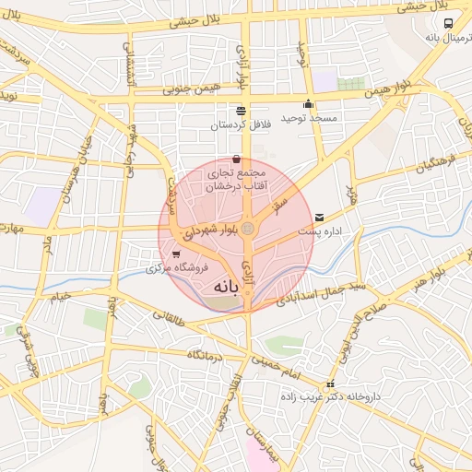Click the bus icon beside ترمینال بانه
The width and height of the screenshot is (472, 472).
click(448, 25)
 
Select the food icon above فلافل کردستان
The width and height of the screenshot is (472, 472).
click(241, 111)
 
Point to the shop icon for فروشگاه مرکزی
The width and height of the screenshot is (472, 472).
click(176, 254)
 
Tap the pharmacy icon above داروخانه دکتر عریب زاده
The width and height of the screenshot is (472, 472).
click(331, 383)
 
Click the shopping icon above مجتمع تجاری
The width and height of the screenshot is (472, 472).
click(237, 159)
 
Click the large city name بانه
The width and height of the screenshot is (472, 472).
click(225, 287)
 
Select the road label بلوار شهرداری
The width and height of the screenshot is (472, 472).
click(209, 232)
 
